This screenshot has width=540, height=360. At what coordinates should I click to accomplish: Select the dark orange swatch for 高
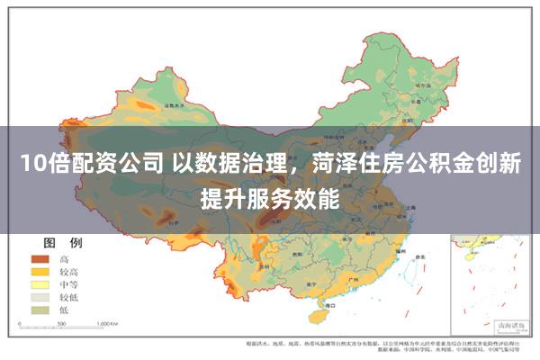[39, 258]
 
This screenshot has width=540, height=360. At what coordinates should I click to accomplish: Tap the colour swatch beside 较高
[39, 271]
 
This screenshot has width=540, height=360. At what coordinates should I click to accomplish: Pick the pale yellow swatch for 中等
[39, 283]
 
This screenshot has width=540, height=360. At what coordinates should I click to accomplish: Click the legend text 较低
[69, 296]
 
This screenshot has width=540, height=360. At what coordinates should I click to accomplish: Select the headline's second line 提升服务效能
[271, 195]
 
